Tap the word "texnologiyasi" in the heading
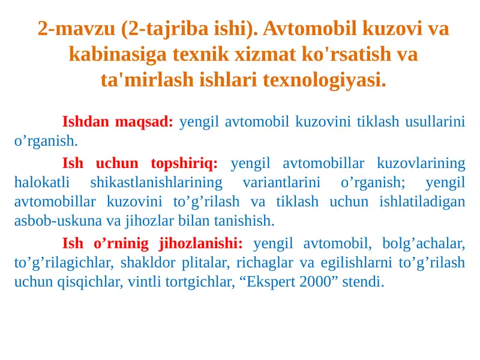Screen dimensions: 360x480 tap(324, 79)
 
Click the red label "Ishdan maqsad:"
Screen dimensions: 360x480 tap(118, 122)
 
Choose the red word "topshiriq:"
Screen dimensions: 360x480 tap(185, 163)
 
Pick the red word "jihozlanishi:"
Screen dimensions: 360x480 tap(200, 244)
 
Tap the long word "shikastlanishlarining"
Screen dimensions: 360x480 tap(156, 182)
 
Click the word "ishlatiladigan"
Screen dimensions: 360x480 tap(422, 202)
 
